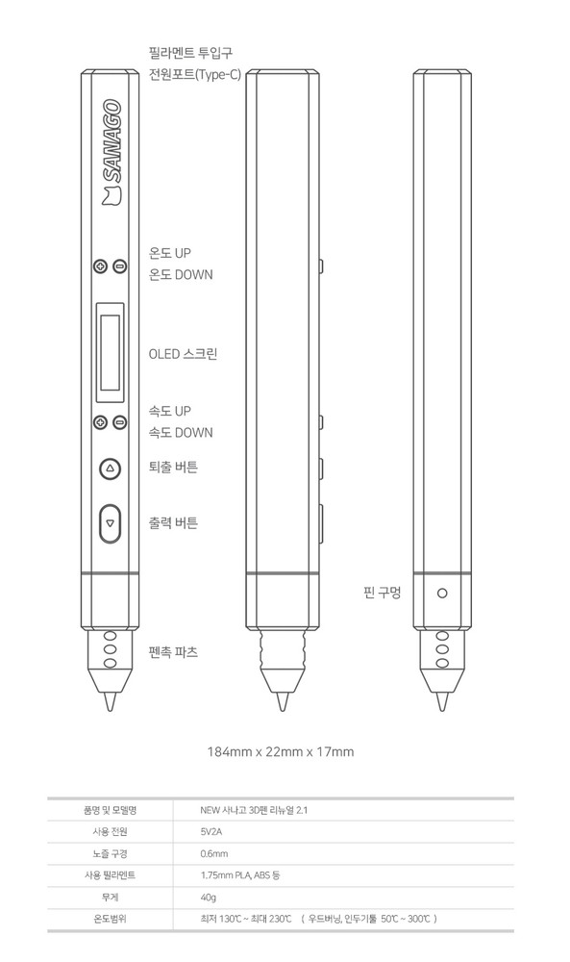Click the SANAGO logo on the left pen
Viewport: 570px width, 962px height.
[x=111, y=152]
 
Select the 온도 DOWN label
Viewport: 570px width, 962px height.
[x=181, y=275]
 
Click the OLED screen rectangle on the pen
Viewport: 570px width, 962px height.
[x=110, y=352]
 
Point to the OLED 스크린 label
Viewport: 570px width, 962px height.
[x=183, y=354]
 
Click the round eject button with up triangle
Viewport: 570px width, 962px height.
[x=110, y=468]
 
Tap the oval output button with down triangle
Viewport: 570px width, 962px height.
[x=110, y=523]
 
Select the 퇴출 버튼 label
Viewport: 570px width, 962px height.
[x=174, y=468]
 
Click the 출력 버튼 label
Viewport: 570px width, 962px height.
[x=174, y=523]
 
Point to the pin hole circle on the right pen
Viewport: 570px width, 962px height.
[x=441, y=593]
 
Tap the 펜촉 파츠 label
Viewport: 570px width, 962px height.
[x=174, y=652]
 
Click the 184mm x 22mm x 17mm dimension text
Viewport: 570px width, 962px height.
[x=281, y=751]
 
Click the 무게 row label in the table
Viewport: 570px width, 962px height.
[x=108, y=897]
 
